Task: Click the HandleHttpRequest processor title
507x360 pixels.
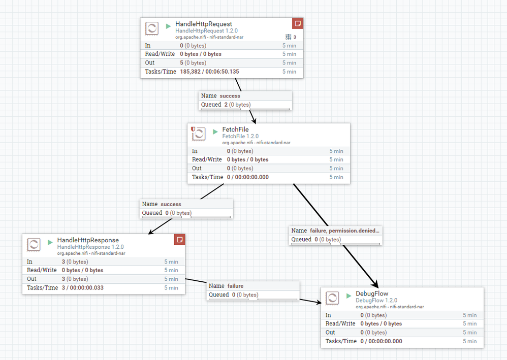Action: coord(203,24)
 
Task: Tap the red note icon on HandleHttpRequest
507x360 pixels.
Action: coord(298,23)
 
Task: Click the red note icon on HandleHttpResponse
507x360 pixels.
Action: coord(180,239)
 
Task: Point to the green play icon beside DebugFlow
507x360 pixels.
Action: coord(348,296)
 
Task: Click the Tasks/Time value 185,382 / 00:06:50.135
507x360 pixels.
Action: coord(209,72)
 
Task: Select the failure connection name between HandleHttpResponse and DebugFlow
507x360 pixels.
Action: coord(235,286)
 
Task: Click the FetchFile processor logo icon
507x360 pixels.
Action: coord(198,134)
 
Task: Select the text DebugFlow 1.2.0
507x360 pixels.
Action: coord(376,301)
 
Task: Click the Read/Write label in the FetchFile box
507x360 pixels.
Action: coord(207,159)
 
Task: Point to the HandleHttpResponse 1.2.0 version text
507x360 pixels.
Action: coord(90,247)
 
